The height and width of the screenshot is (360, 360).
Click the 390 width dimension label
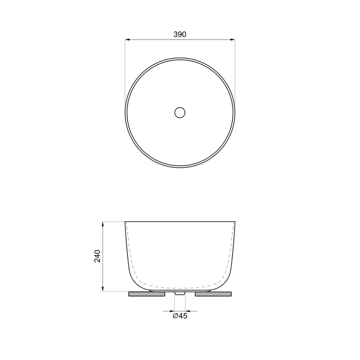180,35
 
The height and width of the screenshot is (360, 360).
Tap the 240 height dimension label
97,256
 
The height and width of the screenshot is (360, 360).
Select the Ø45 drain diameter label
180,316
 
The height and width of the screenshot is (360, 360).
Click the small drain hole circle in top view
180,113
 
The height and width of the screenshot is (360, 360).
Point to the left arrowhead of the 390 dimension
127,40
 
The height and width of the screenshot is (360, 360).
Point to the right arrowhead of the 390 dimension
232,40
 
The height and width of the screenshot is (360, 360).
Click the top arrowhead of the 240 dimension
103,224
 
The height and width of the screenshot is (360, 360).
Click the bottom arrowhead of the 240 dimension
103,289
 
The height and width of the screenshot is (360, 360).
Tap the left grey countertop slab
147,294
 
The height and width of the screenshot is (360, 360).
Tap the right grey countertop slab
213,294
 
